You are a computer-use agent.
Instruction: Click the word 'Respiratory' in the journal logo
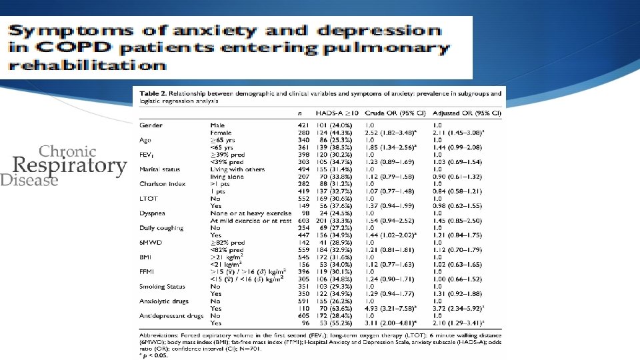[70, 165]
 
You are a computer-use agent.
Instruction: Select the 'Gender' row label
[151, 125]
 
